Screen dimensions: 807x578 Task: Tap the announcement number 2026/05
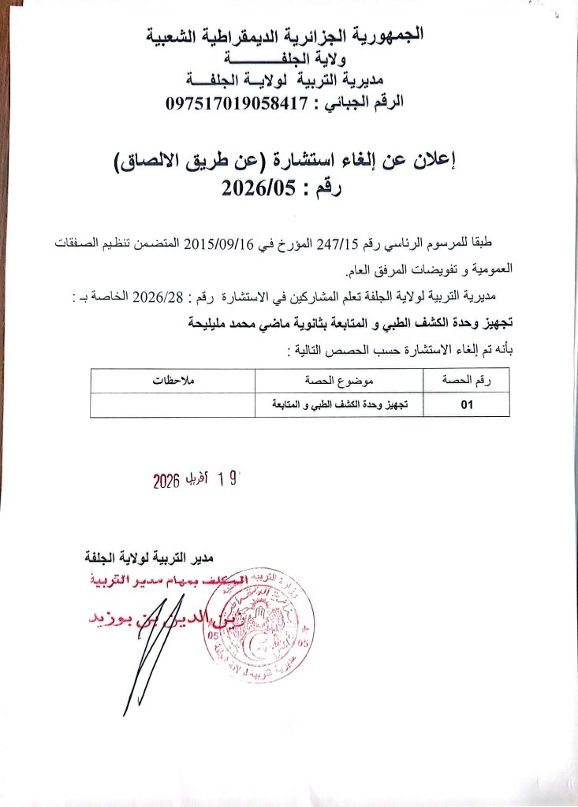[252, 188]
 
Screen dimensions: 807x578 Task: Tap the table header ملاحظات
[173, 381]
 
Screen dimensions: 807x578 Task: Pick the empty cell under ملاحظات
[173, 404]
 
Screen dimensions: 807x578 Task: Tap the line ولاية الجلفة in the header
[285, 58]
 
